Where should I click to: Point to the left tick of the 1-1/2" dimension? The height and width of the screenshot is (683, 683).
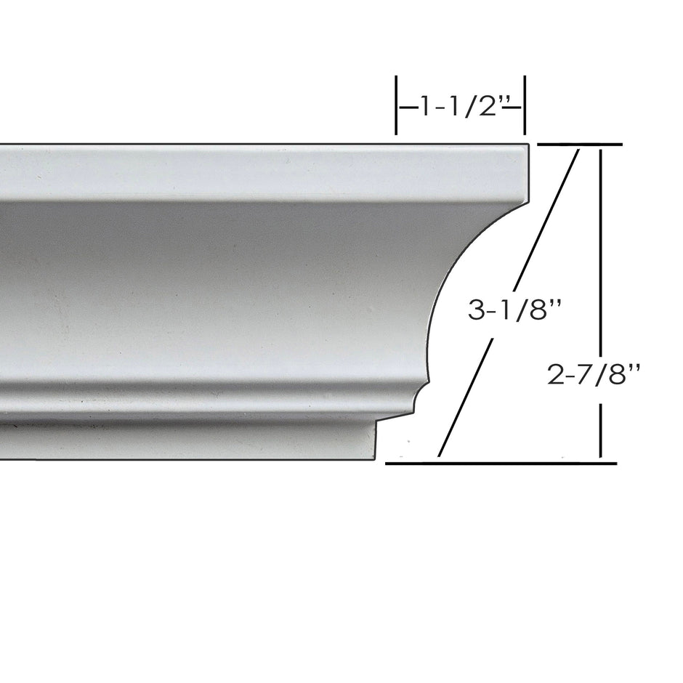[x=396, y=105]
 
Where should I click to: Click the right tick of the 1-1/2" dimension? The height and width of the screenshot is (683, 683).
[x=525, y=105]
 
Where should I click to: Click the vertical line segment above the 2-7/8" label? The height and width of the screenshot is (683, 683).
[x=600, y=247]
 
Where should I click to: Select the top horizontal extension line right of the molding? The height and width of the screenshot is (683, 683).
[x=578, y=145]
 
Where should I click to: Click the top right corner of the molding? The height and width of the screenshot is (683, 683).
[x=527, y=147]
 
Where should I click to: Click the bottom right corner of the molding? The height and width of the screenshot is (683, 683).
[x=375, y=458]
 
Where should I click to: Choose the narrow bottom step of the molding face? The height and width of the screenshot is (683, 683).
[x=189, y=440]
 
